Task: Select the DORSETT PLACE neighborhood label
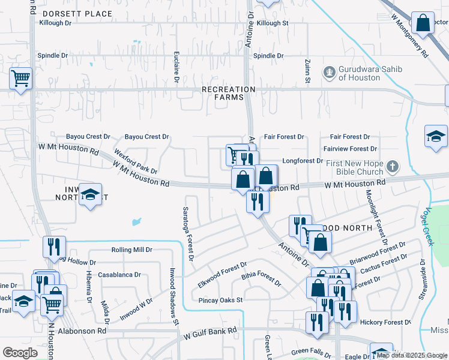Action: [77, 13]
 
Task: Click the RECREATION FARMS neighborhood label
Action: [228, 94]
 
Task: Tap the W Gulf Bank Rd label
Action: [210, 331]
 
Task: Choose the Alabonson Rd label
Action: [83, 331]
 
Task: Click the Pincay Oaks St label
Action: [221, 300]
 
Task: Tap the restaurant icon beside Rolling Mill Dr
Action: [54, 246]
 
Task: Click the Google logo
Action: [20, 353]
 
